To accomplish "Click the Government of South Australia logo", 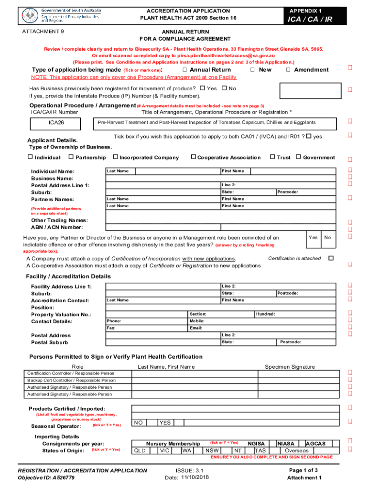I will click(59, 15).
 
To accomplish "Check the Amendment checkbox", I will click(288, 70).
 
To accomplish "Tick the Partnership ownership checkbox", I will click(71, 157).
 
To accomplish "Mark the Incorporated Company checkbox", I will click(115, 157).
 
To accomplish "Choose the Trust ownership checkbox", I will click(272, 157).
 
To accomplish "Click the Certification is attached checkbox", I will click(330, 258).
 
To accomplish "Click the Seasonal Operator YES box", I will click(165, 423).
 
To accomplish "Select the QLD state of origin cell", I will click(140, 450).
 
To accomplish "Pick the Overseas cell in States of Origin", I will click(296, 450).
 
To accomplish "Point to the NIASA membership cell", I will click(286, 444).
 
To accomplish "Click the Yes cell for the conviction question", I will click(313, 237).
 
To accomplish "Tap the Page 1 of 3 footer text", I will click(303, 470).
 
